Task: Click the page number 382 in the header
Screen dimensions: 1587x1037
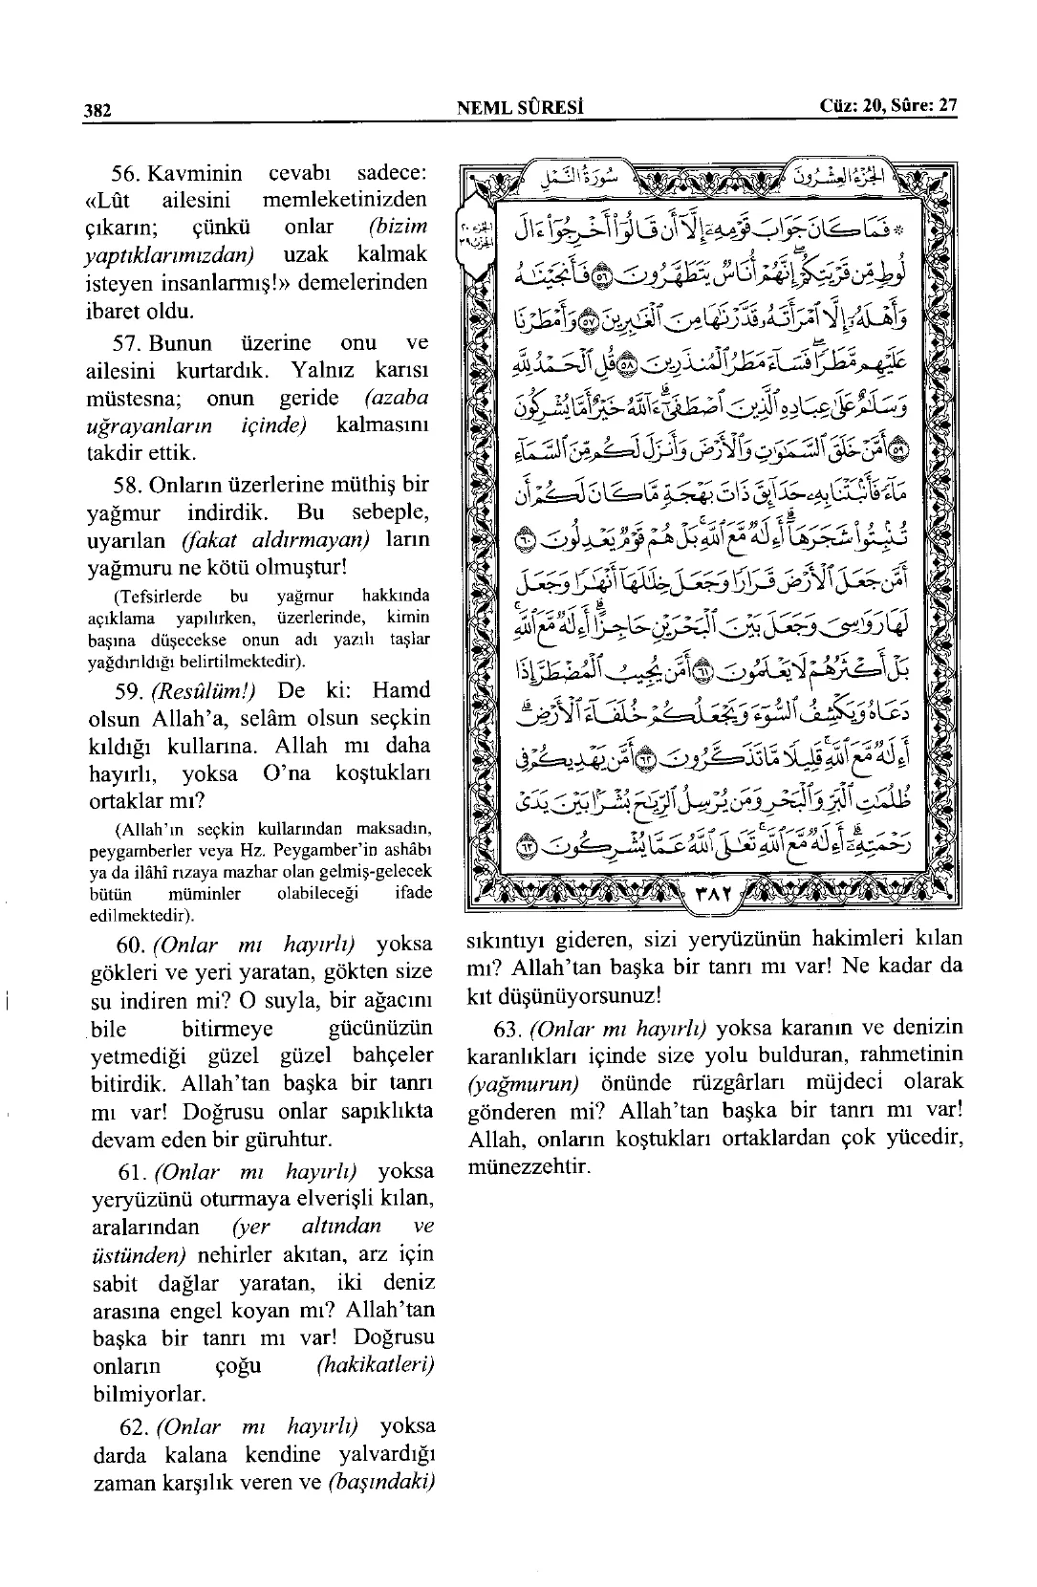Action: [97, 110]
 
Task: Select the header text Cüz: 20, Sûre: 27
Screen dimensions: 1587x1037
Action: [888, 106]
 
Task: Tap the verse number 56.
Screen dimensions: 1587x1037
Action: [126, 174]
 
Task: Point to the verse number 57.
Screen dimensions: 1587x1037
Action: [126, 343]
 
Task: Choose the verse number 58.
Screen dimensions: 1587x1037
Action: [126, 485]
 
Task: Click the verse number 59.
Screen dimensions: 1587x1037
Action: [126, 691]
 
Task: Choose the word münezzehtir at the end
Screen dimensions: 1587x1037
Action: [529, 1167]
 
